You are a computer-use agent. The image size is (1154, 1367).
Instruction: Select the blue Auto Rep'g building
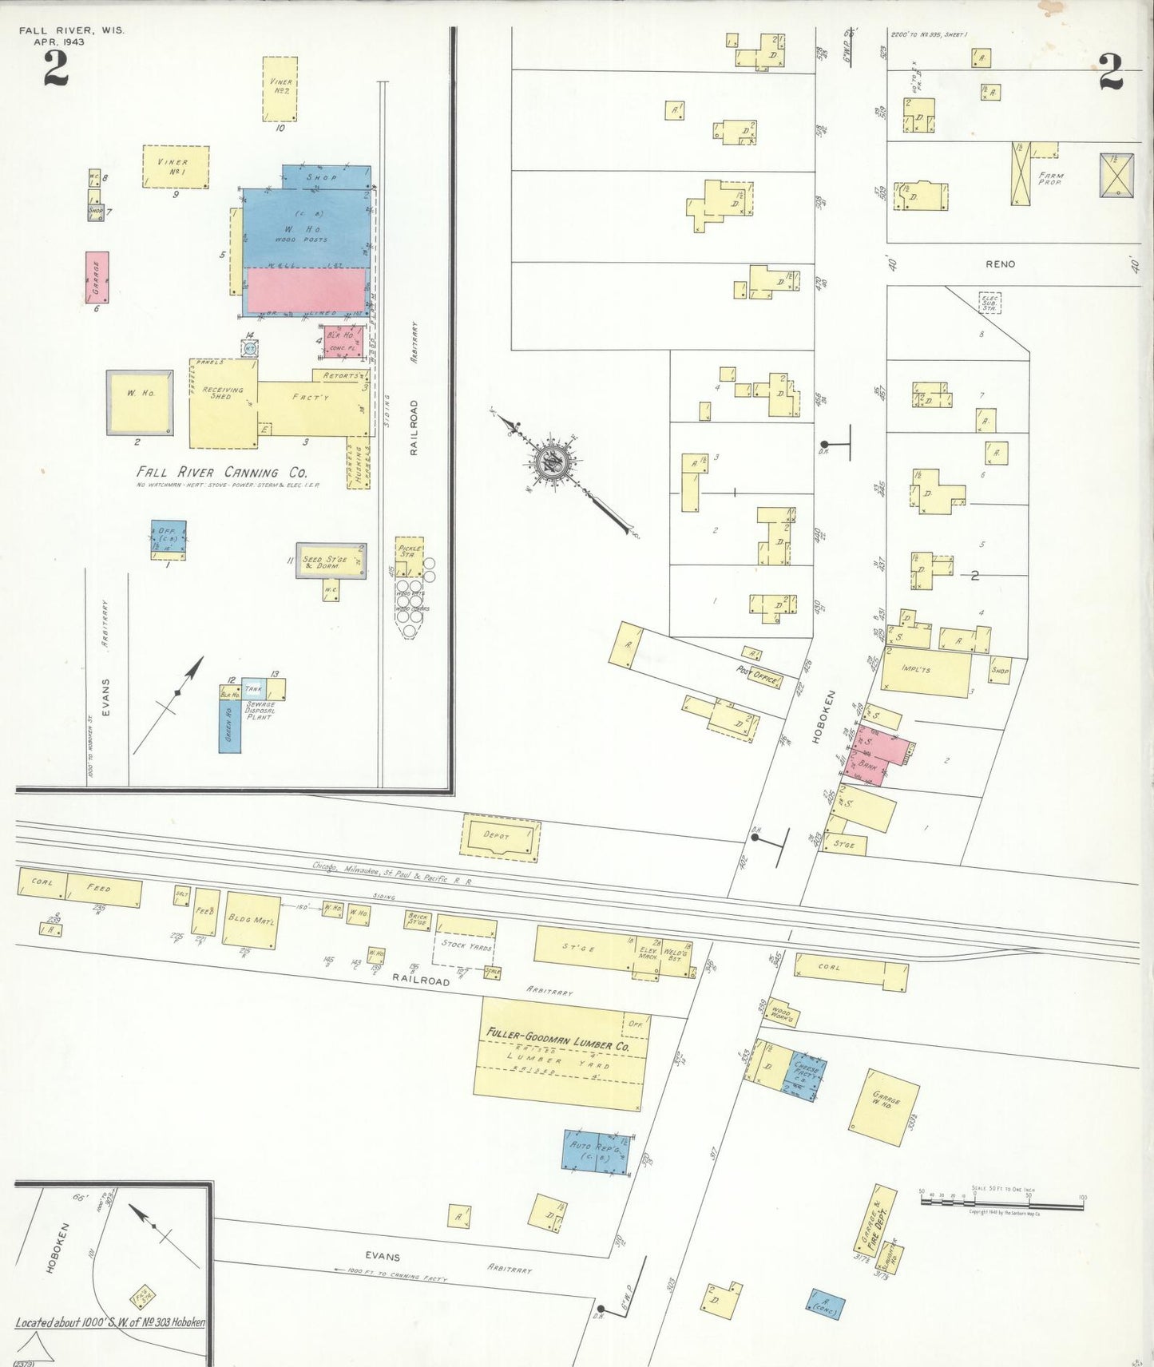pos(595,1152)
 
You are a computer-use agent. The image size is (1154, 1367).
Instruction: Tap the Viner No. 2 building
pos(280,88)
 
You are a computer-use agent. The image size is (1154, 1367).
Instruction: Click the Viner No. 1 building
pos(176,166)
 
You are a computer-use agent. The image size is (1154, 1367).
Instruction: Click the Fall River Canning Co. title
pos(221,472)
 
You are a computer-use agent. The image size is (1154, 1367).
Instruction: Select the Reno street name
pos(1000,263)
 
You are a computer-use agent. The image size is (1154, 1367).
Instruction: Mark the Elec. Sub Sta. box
pos(989,303)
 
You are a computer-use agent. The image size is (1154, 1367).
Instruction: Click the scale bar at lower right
pos(1001,1200)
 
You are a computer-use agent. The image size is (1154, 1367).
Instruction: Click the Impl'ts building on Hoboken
pos(926,672)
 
